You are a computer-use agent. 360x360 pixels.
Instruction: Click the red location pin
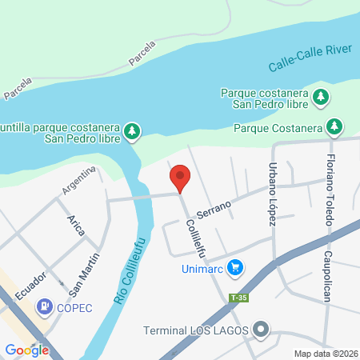tap(180, 178)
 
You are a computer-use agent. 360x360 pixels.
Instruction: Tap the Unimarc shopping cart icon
tap(234, 267)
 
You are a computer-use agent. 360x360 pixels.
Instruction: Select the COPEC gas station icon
tap(46, 306)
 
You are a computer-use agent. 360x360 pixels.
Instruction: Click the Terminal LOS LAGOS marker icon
tap(261, 330)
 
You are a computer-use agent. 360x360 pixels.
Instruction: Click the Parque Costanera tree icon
tap(334, 127)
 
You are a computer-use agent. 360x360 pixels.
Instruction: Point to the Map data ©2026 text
tap(326, 354)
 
